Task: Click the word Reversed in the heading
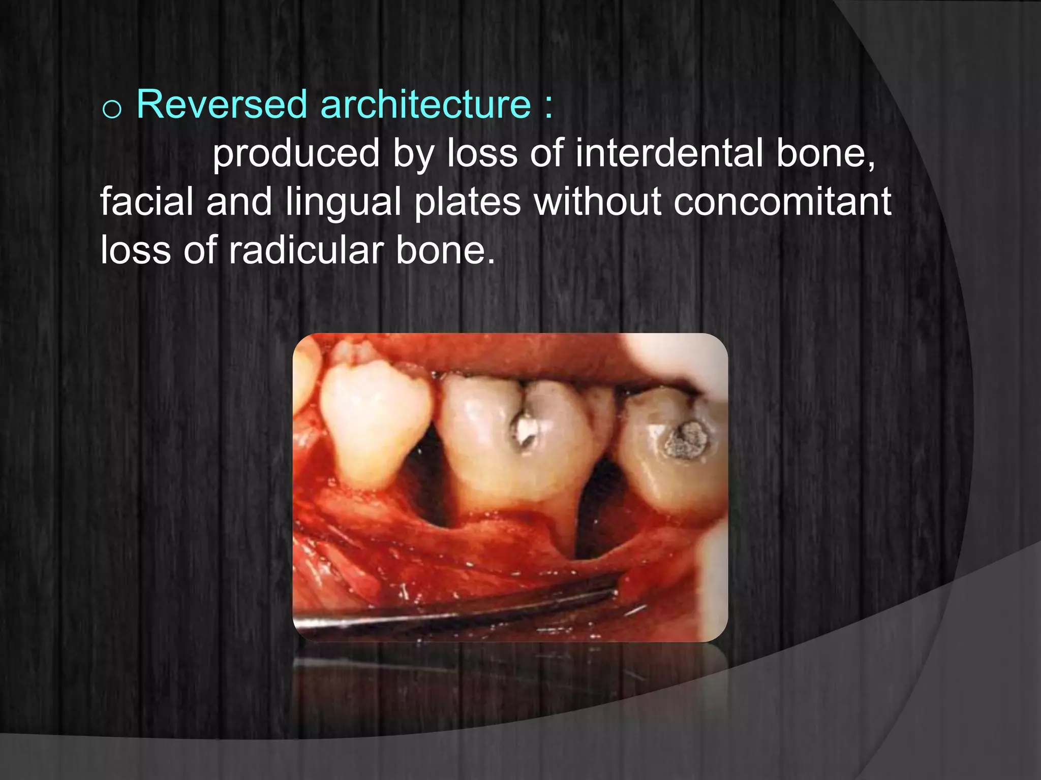(x=222, y=105)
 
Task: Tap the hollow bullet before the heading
(x=111, y=109)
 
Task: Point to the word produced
(x=296, y=153)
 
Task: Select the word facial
(x=146, y=202)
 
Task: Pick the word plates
(x=468, y=202)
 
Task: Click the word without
(x=598, y=202)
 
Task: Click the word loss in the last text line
(x=135, y=250)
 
